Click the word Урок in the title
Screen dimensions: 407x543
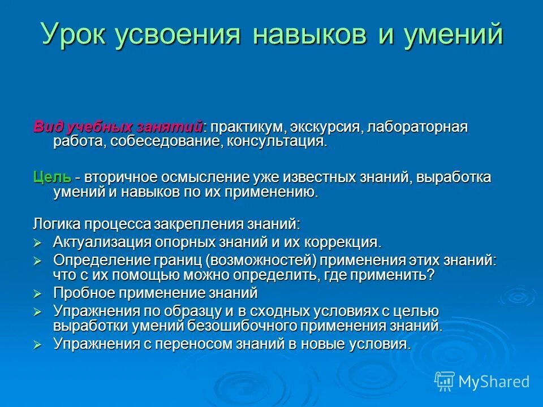[x=74, y=35]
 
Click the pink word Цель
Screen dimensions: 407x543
[x=52, y=177]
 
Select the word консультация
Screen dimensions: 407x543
[x=277, y=141]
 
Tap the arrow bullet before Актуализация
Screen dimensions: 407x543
[x=38, y=243]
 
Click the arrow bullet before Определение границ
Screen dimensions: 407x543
[x=38, y=261]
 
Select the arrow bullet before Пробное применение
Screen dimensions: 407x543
[x=38, y=294]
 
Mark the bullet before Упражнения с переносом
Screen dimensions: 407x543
[x=38, y=345]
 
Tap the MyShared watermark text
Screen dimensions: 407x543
[x=494, y=382]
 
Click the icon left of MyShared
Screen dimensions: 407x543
[x=444, y=382]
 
